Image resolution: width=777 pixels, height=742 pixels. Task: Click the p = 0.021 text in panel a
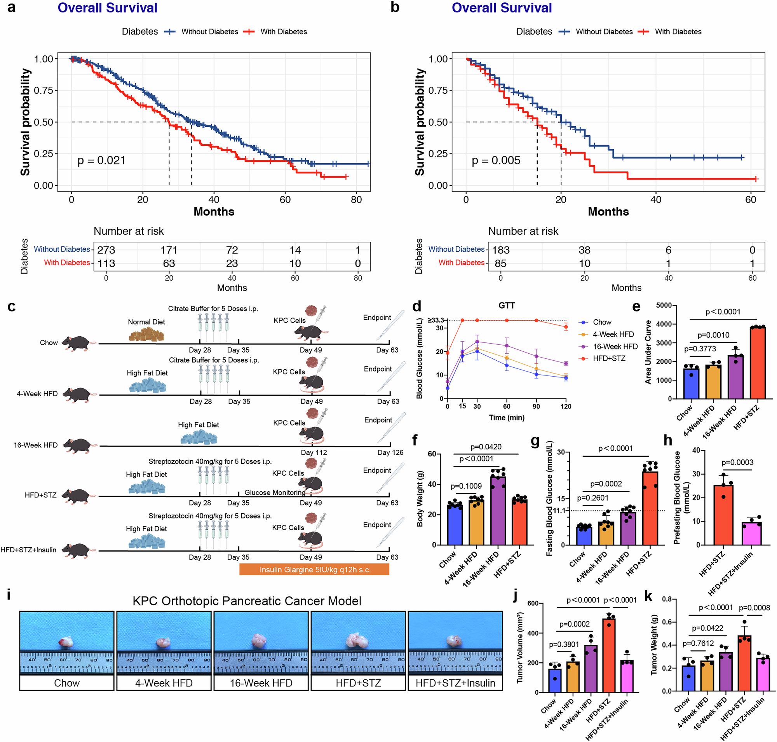(101, 160)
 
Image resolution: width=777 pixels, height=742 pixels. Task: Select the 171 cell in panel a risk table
(169, 250)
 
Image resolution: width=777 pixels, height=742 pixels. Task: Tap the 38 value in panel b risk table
(584, 250)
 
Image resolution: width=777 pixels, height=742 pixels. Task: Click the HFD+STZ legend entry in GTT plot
(609, 358)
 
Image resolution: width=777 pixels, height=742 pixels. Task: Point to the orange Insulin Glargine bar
(314, 569)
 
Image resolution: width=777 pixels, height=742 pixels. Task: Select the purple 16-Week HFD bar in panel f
(498, 511)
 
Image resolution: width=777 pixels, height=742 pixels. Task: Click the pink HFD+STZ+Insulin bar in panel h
(751, 534)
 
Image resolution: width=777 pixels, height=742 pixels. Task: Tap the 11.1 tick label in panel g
(559, 511)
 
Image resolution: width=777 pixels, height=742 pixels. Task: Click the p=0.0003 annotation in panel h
(737, 463)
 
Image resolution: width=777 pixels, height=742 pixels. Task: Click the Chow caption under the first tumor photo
(66, 683)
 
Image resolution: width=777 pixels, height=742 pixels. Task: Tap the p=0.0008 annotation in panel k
(754, 608)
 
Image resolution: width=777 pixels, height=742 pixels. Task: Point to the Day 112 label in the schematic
(314, 452)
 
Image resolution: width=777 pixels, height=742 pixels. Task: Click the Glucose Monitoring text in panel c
(274, 492)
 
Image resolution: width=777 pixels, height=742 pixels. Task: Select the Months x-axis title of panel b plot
(608, 211)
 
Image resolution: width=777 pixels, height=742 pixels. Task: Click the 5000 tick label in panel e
(664, 306)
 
